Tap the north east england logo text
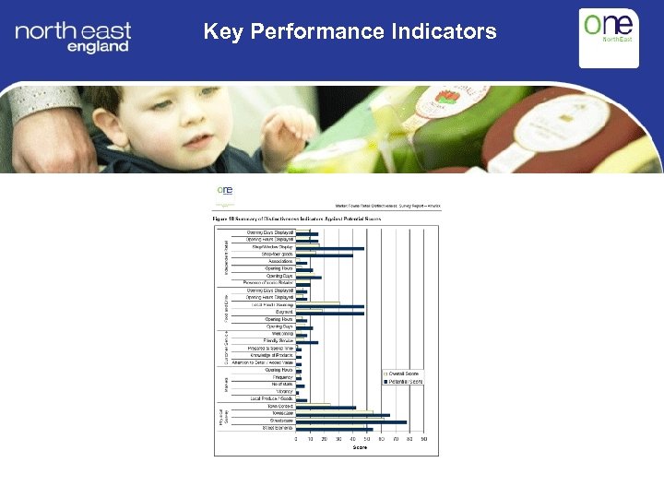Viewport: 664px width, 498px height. click(73, 38)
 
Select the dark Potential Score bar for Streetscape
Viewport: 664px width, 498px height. click(350, 422)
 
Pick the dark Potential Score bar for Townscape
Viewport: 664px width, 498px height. click(342, 415)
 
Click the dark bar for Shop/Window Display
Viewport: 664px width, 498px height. click(329, 248)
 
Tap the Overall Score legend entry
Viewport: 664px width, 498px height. click(402, 373)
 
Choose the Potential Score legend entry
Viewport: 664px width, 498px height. click(402, 381)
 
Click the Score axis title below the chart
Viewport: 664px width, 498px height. click(359, 448)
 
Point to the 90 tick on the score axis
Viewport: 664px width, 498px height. click(424, 440)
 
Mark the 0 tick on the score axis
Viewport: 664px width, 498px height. click(296, 440)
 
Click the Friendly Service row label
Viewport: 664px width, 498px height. click(278, 341)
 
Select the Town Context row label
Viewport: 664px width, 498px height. click(279, 406)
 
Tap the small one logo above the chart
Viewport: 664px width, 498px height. click(225, 191)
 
